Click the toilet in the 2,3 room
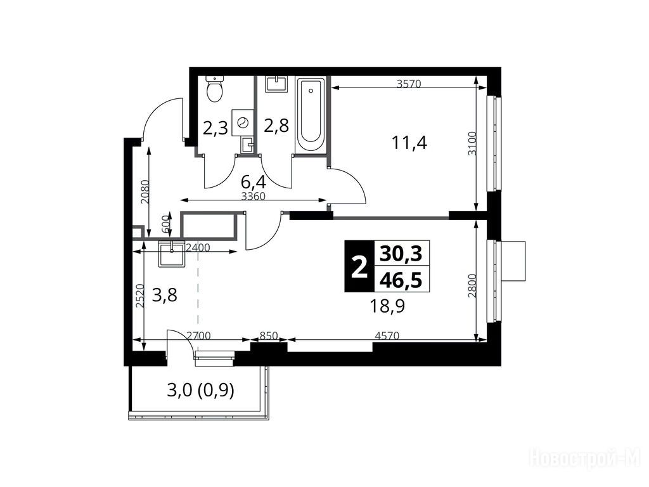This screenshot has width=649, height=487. click(x=214, y=89)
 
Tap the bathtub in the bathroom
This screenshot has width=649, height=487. click(x=311, y=115)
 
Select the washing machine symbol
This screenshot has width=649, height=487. click(x=243, y=122)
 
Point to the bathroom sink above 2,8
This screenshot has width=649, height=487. click(x=276, y=84)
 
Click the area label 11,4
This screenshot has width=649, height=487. click(x=409, y=143)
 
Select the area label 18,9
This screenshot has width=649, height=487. click(x=387, y=306)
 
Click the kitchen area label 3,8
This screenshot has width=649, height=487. click(x=165, y=295)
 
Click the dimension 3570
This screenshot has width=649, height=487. click(x=409, y=84)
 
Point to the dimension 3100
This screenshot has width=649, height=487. click(x=472, y=143)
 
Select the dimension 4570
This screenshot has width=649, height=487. click(x=387, y=336)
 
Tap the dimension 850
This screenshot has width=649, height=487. click(x=269, y=335)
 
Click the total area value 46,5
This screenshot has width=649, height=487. click(x=401, y=280)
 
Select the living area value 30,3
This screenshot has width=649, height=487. click(x=401, y=254)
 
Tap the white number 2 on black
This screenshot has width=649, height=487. click(x=359, y=268)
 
